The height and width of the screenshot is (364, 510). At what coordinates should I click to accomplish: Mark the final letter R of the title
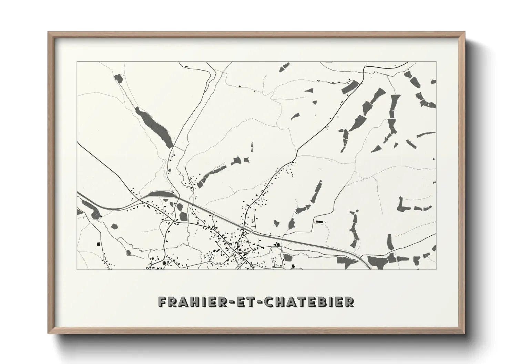tap(349, 302)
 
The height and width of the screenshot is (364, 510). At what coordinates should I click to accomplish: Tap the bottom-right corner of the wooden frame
tap(465, 333)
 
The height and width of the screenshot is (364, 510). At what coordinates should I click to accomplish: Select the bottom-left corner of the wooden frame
tap(48, 333)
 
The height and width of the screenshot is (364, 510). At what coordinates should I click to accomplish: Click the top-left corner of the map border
tap(77, 62)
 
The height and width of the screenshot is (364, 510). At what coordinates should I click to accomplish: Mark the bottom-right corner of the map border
tap(436, 269)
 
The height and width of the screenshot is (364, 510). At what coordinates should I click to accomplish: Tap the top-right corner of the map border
tap(436, 62)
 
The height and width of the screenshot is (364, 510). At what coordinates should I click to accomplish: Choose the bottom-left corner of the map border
tap(77, 269)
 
